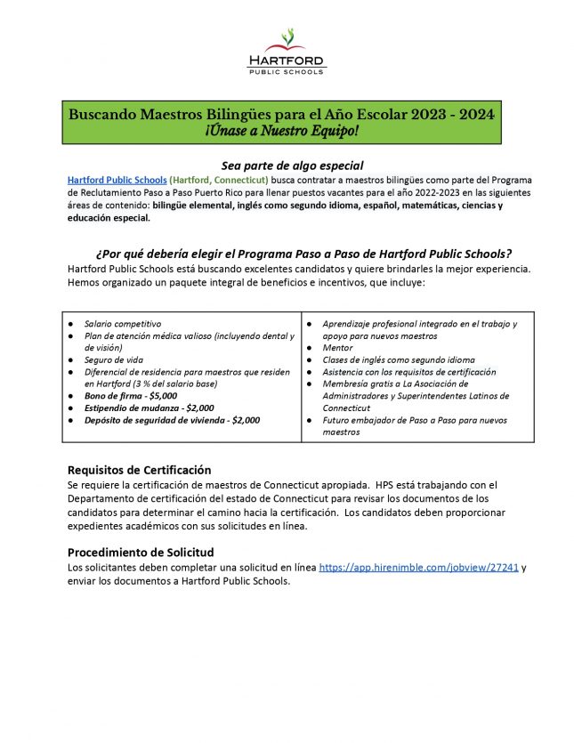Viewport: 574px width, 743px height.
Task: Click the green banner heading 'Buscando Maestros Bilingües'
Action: point(281,115)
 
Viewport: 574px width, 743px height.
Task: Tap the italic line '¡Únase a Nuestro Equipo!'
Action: point(281,132)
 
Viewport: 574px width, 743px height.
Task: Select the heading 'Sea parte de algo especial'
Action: point(292,166)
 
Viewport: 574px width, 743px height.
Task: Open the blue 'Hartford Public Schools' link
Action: point(117,180)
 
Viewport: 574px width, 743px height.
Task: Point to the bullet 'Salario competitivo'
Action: point(123,324)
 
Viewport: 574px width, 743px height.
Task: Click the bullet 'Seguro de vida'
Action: point(115,359)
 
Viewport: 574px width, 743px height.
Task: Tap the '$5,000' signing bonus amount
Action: point(160,395)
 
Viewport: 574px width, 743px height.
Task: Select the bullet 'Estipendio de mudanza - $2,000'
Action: point(149,408)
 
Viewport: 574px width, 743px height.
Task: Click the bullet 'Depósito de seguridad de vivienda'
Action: point(172,420)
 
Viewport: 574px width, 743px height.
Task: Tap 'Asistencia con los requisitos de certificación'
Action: point(408,372)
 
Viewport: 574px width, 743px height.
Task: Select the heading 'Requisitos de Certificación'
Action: point(139,470)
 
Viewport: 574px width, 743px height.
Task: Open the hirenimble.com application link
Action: point(419,567)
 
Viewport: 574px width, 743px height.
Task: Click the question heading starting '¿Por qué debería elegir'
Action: point(296,254)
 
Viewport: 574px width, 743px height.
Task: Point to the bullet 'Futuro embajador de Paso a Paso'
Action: point(415,420)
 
